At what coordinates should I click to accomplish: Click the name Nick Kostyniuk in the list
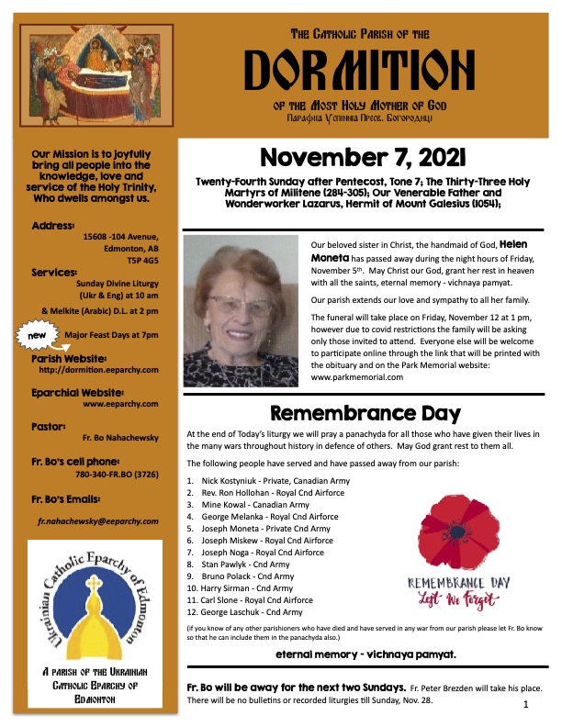coord(230,480)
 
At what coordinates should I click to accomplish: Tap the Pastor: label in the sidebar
coord(49,427)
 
